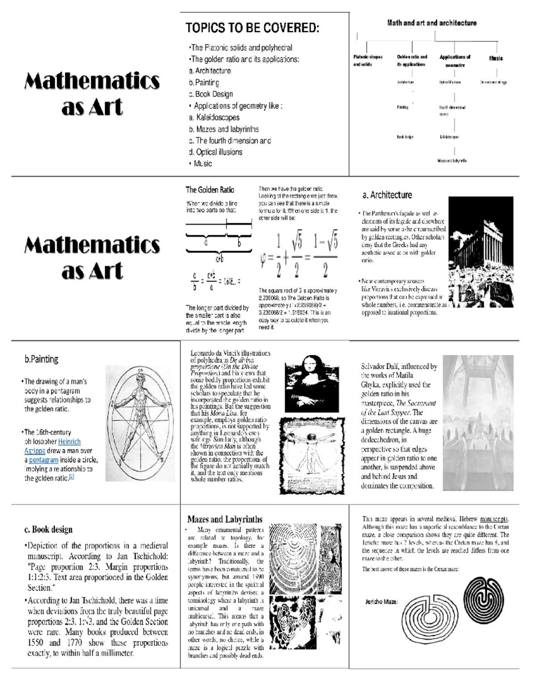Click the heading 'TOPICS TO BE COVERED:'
(x=252, y=28)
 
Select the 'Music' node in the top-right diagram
(x=495, y=58)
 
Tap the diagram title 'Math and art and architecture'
(x=431, y=23)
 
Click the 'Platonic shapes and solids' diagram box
(x=368, y=60)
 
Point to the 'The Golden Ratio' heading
(x=210, y=190)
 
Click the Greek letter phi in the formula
(x=264, y=259)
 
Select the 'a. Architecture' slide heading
(x=387, y=195)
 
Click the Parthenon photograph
(x=481, y=252)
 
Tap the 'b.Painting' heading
(x=41, y=359)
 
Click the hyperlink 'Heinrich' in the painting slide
(x=69, y=442)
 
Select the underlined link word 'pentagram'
(x=43, y=460)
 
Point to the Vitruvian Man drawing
(x=312, y=456)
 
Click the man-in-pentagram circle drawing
(x=141, y=423)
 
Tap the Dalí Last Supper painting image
(x=478, y=423)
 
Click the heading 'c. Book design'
(x=48, y=529)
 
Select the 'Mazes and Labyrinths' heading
(x=225, y=519)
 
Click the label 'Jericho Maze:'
(x=382, y=602)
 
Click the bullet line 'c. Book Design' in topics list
(x=211, y=94)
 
